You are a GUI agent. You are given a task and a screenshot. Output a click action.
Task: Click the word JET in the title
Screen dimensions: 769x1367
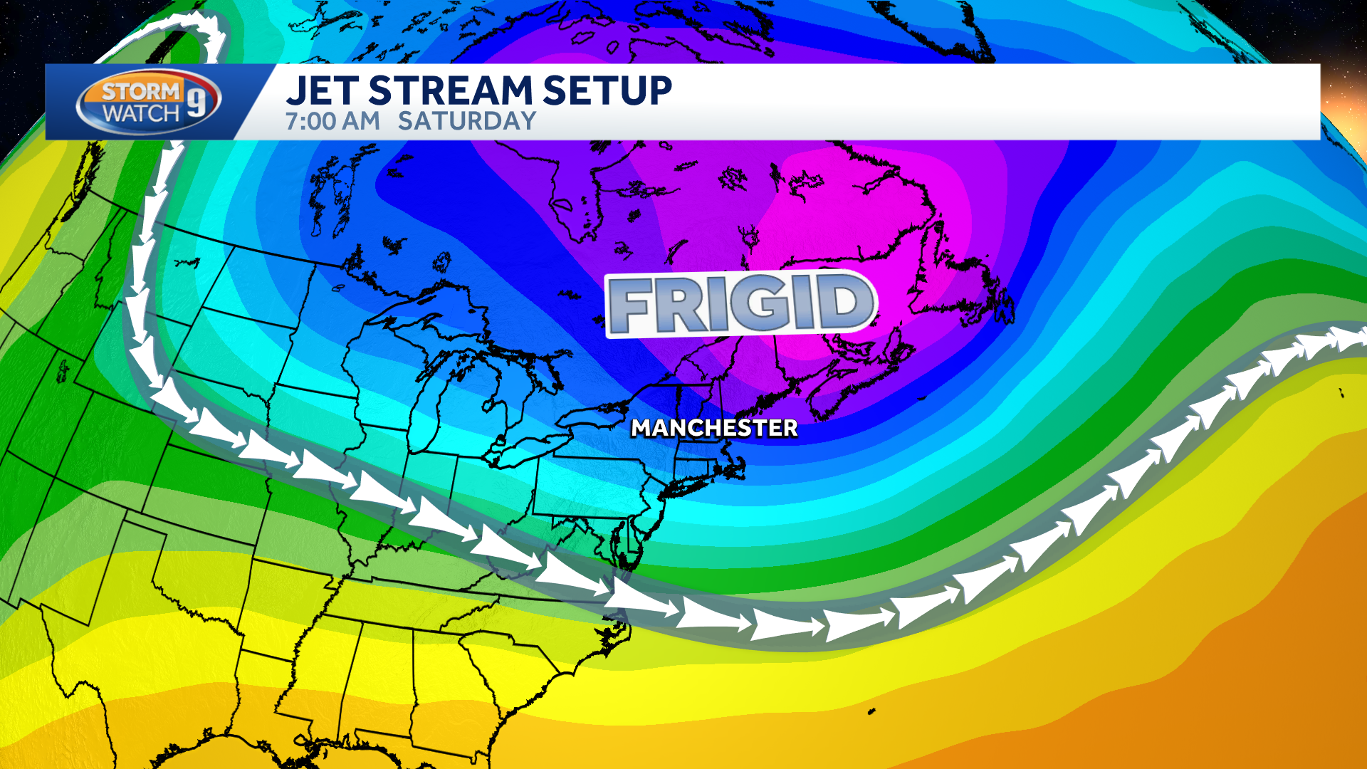coord(322,91)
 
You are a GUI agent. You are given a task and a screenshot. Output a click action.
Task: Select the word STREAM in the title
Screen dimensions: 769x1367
coord(451,91)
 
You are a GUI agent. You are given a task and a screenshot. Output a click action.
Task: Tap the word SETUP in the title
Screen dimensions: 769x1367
coord(607,91)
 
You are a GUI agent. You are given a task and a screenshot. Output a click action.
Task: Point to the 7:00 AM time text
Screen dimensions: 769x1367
coord(332,122)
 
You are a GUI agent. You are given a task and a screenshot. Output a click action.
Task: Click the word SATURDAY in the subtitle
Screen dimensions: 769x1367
coord(466,122)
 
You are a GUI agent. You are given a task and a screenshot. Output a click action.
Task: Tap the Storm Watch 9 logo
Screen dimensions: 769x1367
coord(149,103)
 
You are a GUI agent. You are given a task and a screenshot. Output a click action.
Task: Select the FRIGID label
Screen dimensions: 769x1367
coord(740,304)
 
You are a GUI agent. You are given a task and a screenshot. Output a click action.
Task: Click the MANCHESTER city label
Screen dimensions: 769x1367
coord(714,428)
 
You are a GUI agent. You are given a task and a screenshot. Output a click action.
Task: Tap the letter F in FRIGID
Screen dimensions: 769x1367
coord(631,306)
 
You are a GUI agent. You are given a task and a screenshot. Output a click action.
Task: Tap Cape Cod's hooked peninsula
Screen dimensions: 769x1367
coord(740,466)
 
